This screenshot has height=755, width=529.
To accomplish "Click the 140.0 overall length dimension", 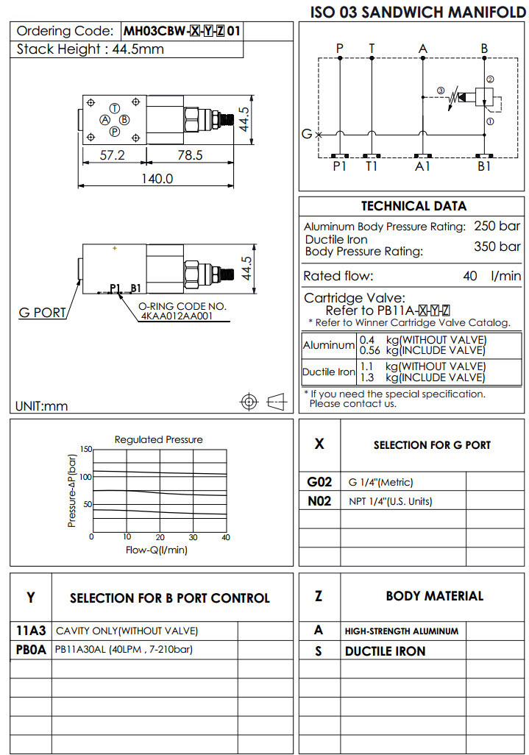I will tap(157, 178).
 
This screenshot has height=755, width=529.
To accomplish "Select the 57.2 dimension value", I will tap(112, 155).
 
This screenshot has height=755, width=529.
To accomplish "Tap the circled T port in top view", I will tap(115, 107).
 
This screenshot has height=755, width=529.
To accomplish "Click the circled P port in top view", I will tap(115, 132).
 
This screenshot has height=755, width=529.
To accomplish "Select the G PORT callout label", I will tap(41, 313).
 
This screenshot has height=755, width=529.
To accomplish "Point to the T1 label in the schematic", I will tap(372, 166).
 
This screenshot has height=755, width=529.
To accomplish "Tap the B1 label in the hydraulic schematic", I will tap(484, 166).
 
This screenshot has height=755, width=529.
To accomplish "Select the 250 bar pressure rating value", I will tap(497, 226).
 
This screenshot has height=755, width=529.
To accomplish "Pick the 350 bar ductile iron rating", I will tap(497, 246).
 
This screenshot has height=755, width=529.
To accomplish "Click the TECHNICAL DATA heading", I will tap(413, 206).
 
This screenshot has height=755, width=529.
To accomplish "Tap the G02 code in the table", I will tap(319, 482).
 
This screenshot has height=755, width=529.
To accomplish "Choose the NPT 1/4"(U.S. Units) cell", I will tap(390, 501).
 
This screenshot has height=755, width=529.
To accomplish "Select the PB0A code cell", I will tap(31, 650).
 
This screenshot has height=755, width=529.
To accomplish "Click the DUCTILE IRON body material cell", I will tap(385, 651).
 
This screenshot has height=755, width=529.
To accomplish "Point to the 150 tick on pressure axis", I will tap(86, 449).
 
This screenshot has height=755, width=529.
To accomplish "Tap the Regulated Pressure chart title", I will tap(158, 439).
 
